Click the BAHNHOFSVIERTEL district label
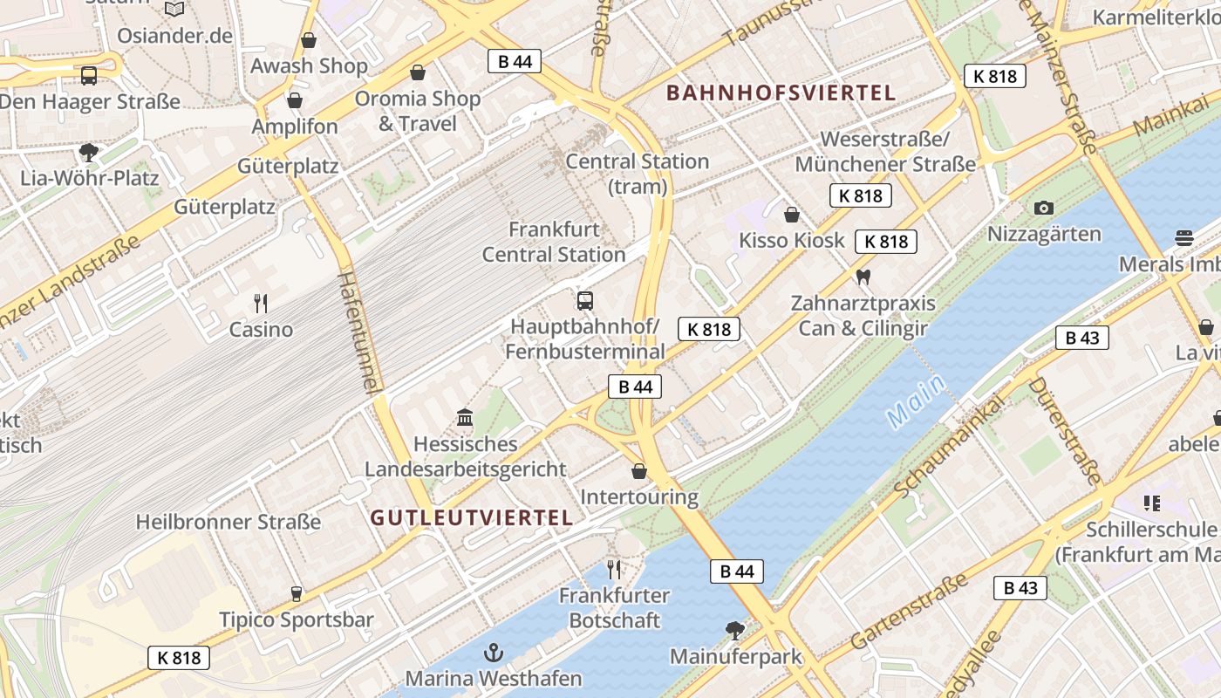781,92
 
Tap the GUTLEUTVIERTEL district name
472,517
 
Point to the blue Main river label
916,400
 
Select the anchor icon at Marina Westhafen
494,652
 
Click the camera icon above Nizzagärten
1043,208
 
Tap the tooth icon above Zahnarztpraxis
863,277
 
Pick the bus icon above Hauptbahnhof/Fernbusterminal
585,301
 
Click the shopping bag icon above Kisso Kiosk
792,214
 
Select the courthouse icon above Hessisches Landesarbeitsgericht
465,418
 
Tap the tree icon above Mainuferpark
735,629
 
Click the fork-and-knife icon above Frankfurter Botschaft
614,570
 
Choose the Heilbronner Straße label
229,522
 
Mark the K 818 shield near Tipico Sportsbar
179,657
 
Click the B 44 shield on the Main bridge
736,571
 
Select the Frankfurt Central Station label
554,242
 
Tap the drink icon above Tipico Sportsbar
296,594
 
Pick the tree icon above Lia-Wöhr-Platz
89,153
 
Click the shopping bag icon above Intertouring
639,471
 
